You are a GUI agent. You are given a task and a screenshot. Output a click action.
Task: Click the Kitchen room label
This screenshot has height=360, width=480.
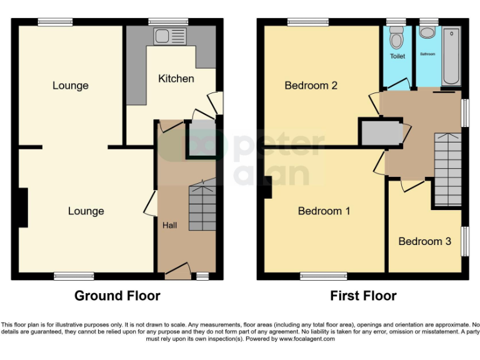tap(176, 79)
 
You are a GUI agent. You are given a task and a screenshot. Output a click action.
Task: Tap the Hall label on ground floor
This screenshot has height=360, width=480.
tap(170, 224)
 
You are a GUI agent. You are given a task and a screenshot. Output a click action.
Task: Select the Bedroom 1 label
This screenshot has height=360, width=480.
tap(324, 211)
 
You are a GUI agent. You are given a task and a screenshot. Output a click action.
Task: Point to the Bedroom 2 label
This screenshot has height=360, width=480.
tap(311, 86)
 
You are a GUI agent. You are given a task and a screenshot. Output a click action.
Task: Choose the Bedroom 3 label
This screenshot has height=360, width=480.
tap(424, 241)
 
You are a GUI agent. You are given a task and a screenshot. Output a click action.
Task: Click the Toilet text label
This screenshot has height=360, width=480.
tap(397, 56)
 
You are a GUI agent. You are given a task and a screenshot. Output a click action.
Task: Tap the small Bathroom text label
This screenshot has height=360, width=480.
tap(427, 54)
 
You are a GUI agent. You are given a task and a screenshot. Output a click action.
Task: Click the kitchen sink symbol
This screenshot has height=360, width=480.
tap(171, 35)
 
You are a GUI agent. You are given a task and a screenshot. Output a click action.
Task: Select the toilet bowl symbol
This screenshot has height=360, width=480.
tap(395, 39)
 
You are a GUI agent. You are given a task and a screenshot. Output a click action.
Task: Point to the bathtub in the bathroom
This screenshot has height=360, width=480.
tap(451, 56)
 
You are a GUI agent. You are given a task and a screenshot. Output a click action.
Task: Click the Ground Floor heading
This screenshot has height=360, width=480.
tap(117, 296)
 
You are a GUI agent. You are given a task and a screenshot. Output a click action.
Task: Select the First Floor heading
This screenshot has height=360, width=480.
tap(364, 296)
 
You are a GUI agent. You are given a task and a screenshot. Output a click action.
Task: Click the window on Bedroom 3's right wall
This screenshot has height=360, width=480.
tap(465, 241)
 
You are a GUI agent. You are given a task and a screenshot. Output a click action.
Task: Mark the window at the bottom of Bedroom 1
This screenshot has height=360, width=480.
tap(323, 276)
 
